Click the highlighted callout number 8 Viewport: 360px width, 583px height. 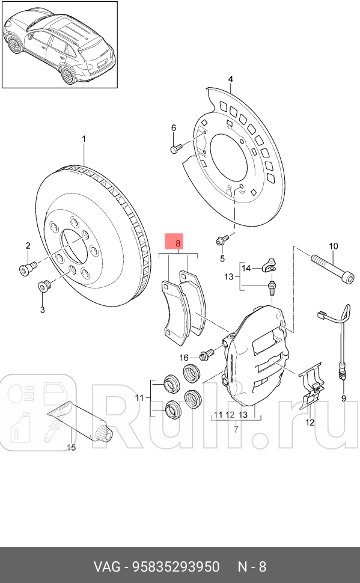(x=178, y=243)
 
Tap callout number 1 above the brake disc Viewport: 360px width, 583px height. (x=84, y=139)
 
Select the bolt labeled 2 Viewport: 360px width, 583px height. (x=28, y=267)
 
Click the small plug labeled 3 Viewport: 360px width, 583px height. (x=43, y=287)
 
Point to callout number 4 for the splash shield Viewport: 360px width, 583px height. (x=231, y=79)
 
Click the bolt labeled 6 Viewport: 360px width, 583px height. (x=175, y=148)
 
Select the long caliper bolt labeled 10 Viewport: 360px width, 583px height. (x=332, y=269)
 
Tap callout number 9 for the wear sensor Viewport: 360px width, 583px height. (x=344, y=398)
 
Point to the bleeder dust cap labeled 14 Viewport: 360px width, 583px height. (x=269, y=264)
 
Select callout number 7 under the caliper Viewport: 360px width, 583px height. (x=236, y=430)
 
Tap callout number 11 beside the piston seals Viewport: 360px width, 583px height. (x=139, y=398)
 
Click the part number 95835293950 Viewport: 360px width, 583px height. (x=176, y=567)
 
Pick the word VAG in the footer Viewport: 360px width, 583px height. (x=107, y=567)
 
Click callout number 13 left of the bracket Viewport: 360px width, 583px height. (x=229, y=276)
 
